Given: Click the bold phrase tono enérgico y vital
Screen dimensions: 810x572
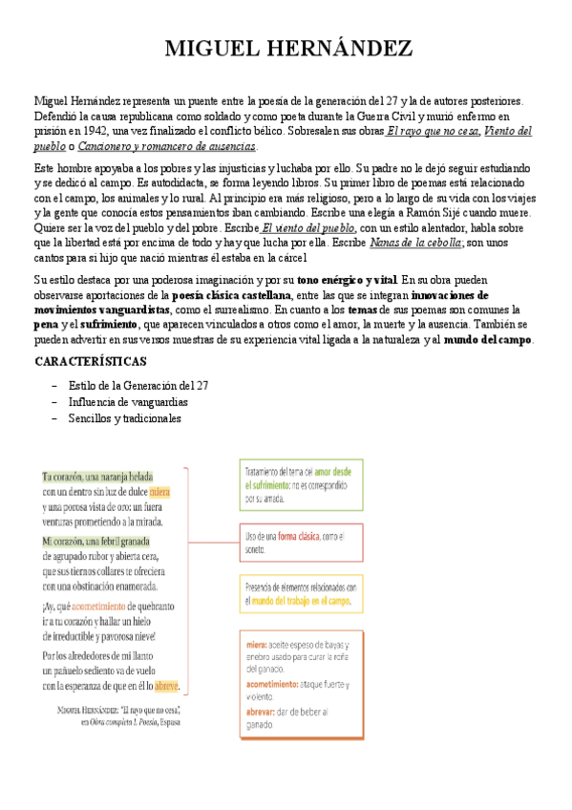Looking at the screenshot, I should point(347,281).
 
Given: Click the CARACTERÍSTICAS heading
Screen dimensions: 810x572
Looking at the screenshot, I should point(90,362).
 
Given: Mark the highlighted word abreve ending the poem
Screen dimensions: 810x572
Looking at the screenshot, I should point(166,686).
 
